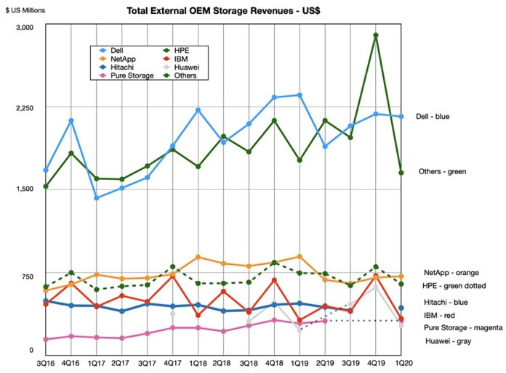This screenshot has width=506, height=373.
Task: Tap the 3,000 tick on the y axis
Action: point(25,27)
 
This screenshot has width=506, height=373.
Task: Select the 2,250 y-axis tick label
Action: point(25,107)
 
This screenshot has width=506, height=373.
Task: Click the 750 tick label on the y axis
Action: point(28,276)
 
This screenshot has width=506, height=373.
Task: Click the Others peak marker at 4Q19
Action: point(375,35)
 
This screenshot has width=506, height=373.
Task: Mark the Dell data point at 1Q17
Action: point(97,197)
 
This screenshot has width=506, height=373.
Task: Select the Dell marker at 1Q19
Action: point(300,95)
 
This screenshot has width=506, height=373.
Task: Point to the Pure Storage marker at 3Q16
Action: point(46,339)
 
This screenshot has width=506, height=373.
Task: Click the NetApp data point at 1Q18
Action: point(198,257)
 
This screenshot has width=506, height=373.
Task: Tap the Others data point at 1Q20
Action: point(401,173)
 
